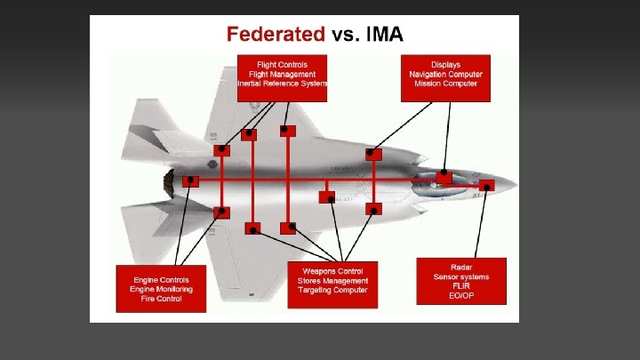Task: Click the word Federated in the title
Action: point(276,36)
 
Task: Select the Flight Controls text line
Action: point(282,65)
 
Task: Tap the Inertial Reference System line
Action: point(282,84)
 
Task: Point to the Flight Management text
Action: point(282,75)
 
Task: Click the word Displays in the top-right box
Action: point(445,65)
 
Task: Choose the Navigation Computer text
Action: point(445,75)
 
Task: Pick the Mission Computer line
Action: point(445,84)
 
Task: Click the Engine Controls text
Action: point(161,279)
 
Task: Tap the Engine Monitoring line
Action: point(161,289)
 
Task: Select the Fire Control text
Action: point(161,299)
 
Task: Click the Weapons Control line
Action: point(332,270)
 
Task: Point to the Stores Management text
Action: point(332,281)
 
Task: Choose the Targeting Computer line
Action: point(332,291)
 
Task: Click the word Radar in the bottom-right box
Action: point(460,267)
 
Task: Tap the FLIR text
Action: point(460,286)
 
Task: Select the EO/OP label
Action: point(460,296)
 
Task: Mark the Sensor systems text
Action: point(460,276)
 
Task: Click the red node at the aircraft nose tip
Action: point(486,186)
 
